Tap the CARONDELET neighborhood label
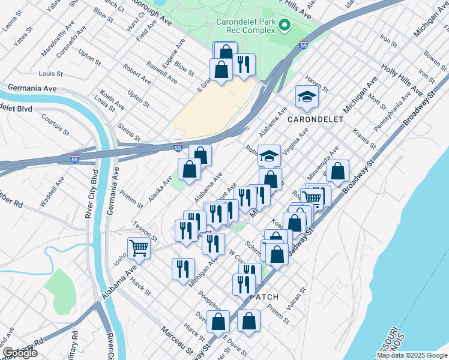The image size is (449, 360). pyautogui.click(x=315, y=119)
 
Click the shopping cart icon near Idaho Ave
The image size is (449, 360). pyautogui.click(x=139, y=247)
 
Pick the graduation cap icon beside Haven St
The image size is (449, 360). pyautogui.click(x=307, y=96)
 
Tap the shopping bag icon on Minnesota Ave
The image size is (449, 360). pyautogui.click(x=338, y=170)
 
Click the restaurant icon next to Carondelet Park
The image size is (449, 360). pyautogui.click(x=244, y=64)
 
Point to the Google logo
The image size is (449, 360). pyautogui.click(x=19, y=353)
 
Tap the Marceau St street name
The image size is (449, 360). pyautogui.click(x=176, y=340)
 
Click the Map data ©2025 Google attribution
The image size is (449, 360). pyautogui.click(x=411, y=355)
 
